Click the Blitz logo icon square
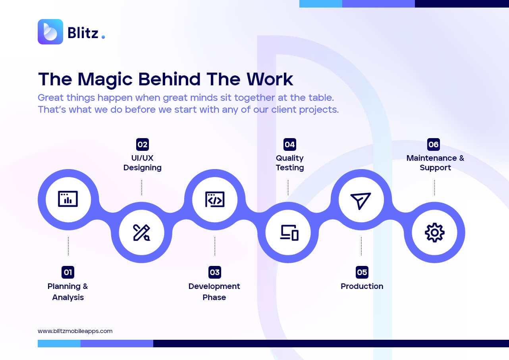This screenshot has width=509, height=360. point(50,32)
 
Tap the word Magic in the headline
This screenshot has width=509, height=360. point(105,80)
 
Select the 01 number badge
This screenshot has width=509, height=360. point(68,272)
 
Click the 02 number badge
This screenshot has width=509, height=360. point(143,144)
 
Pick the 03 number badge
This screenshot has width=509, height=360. point(215,272)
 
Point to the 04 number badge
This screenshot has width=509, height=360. point(290,144)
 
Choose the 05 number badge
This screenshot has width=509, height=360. point(362,272)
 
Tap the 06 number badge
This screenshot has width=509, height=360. point(434,144)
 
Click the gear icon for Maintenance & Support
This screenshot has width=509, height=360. point(434,233)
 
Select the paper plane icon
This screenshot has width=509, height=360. point(361,201)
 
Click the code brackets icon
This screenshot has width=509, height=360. point(215,199)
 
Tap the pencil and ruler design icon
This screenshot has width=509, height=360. point(141,233)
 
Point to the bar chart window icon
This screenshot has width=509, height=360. point(68,199)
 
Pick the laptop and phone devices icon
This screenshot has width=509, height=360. point(289,233)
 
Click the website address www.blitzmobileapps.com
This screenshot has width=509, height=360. point(75,331)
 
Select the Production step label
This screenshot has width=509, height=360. point(362,286)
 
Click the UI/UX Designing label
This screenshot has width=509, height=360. point(143,163)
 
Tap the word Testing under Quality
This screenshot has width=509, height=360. point(290,167)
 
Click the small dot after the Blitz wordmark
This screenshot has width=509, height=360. point(103,37)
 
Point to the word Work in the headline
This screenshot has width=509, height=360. point(270,79)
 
